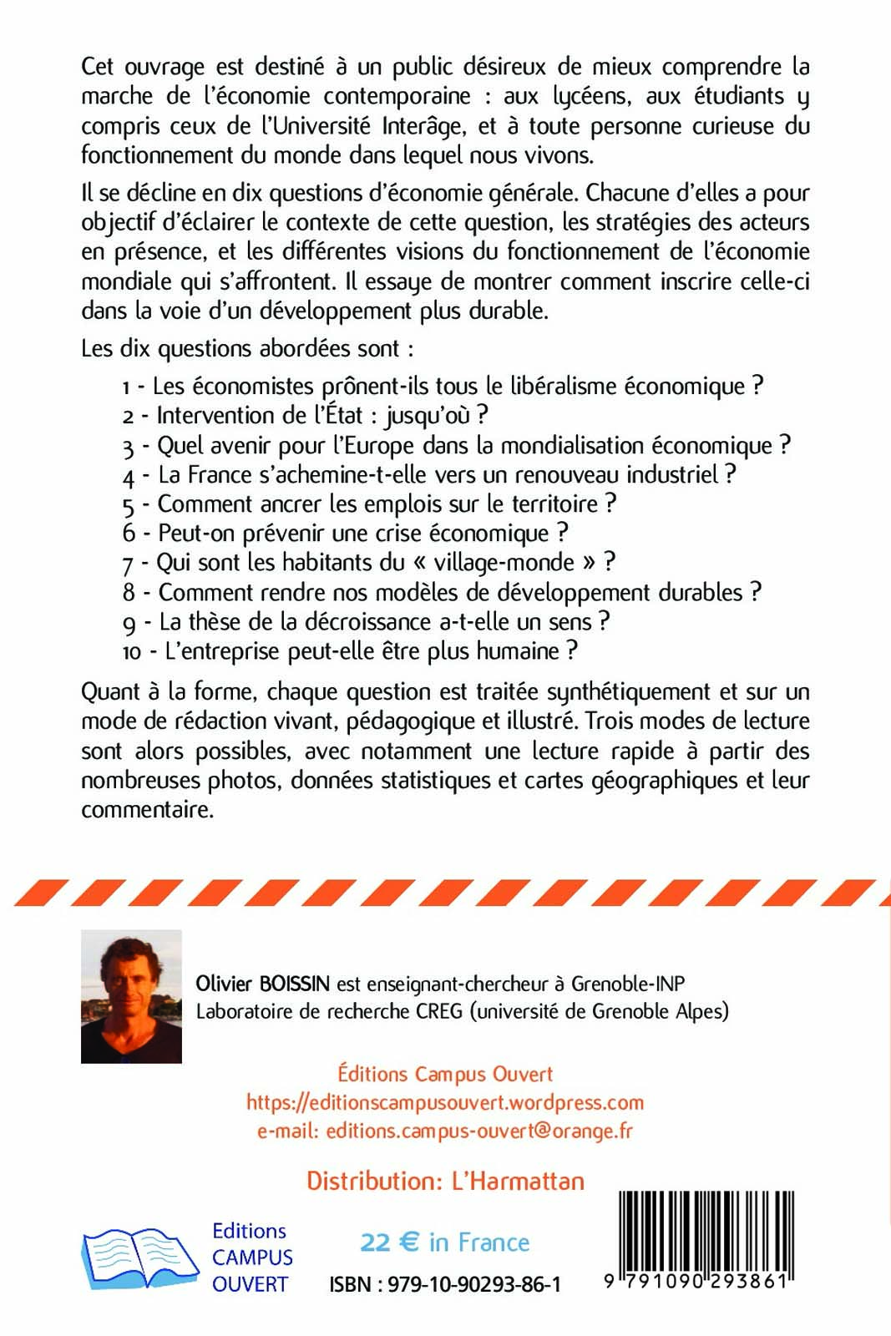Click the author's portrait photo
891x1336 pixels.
tap(131, 996)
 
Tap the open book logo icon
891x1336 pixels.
tap(139, 1258)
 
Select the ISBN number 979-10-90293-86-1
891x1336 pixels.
tap(474, 1284)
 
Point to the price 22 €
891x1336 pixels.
tap(389, 1242)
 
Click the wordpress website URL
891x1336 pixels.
tap(444, 1102)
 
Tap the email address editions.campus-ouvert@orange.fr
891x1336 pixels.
tap(479, 1131)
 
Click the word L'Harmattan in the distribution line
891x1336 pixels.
tap(518, 1181)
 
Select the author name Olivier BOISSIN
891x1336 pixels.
tap(262, 984)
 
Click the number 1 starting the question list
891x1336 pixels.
tap(126, 387)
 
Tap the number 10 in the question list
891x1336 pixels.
tap(132, 652)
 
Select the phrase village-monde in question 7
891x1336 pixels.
tap(504, 563)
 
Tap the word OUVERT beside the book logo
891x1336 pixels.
tap(250, 1284)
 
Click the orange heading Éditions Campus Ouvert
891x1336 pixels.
tap(444, 1074)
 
